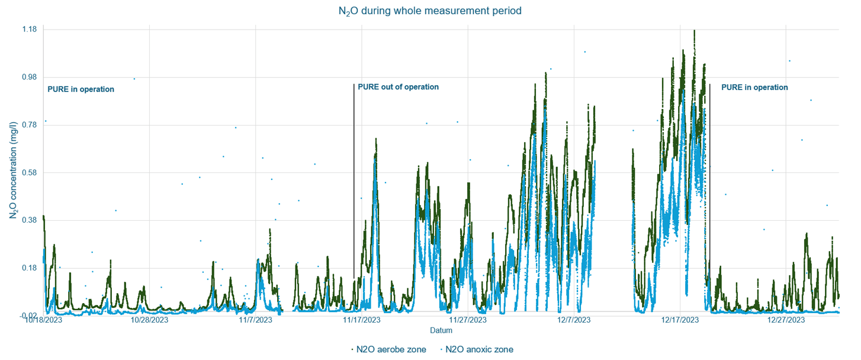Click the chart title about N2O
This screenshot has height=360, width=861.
pyautogui.click(x=430, y=11)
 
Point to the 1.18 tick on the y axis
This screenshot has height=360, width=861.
pyautogui.click(x=30, y=30)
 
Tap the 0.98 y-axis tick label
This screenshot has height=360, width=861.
pyautogui.click(x=30, y=78)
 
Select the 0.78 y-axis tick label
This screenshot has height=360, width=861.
pyautogui.click(x=30, y=125)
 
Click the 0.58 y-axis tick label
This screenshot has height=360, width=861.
pyautogui.click(x=30, y=173)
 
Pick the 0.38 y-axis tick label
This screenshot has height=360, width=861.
pyautogui.click(x=30, y=220)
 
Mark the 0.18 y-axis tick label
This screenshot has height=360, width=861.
pyautogui.click(x=30, y=268)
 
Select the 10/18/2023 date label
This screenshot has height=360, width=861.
pyautogui.click(x=43, y=320)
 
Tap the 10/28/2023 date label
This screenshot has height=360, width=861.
pyautogui.click(x=149, y=320)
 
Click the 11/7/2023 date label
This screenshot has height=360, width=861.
pyautogui.click(x=255, y=320)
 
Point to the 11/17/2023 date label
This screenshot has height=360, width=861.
pyautogui.click(x=361, y=320)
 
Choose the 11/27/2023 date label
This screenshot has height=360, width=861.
pyautogui.click(x=468, y=320)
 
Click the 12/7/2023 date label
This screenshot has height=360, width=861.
pyautogui.click(x=574, y=320)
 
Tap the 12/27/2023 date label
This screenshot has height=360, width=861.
pyautogui.click(x=786, y=320)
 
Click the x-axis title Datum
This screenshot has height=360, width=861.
pyautogui.click(x=441, y=330)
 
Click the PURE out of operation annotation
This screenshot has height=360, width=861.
pyautogui.click(x=398, y=87)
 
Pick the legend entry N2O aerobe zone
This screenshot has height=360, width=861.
pyautogui.click(x=390, y=349)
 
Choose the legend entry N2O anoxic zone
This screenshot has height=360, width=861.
pyautogui.click(x=478, y=349)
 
